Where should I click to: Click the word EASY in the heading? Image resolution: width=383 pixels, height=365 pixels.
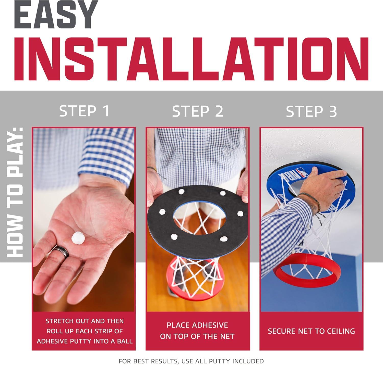pyautogui.click(x=56, y=14)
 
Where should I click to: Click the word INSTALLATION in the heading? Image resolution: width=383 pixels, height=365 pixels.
pyautogui.click(x=191, y=59)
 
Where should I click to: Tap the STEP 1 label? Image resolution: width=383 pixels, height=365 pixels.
pyautogui.click(x=84, y=111)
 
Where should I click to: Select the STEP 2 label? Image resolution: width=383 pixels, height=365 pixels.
pyautogui.click(x=198, y=111)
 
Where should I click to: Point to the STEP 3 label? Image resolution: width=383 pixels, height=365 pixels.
pyautogui.click(x=311, y=111)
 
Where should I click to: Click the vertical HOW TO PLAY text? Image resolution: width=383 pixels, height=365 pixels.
pyautogui.click(x=15, y=192)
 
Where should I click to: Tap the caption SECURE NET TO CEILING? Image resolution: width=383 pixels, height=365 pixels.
pyautogui.click(x=311, y=331)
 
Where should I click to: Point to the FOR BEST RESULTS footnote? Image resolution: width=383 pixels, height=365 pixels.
pyautogui.click(x=191, y=361)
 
